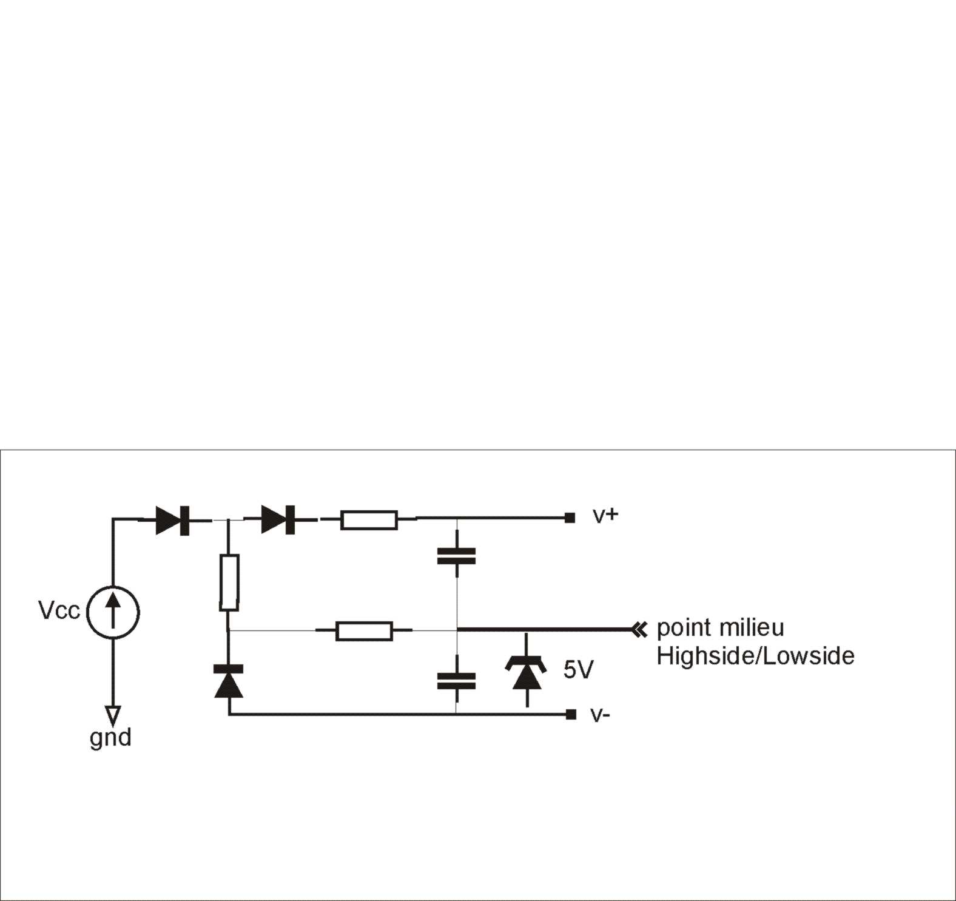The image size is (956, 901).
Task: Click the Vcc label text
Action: pyautogui.click(x=59, y=610)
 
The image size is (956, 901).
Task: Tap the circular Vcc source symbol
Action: pyautogui.click(x=113, y=612)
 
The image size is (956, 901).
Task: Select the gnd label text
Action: pyautogui.click(x=110, y=738)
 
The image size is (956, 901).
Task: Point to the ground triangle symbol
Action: pyautogui.click(x=113, y=715)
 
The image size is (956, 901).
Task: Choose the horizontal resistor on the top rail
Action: pyautogui.click(x=369, y=520)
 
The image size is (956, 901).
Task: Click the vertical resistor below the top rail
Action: pyautogui.click(x=229, y=582)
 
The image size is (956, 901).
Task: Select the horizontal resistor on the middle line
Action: pyautogui.click(x=364, y=631)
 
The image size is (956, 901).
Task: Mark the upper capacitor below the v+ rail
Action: pyautogui.click(x=456, y=556)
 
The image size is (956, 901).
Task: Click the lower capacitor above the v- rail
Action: pyautogui.click(x=456, y=681)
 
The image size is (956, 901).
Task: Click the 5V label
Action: pyautogui.click(x=578, y=670)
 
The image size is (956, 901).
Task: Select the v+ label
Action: pyautogui.click(x=605, y=515)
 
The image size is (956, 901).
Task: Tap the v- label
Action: pyautogui.click(x=600, y=715)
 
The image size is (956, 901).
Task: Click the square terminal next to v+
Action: pyautogui.click(x=570, y=518)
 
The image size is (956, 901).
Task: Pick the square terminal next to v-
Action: pyautogui.click(x=570, y=715)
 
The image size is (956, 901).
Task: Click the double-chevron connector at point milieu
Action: pyautogui.click(x=639, y=630)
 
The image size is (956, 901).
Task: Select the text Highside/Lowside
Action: pyautogui.click(x=755, y=656)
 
